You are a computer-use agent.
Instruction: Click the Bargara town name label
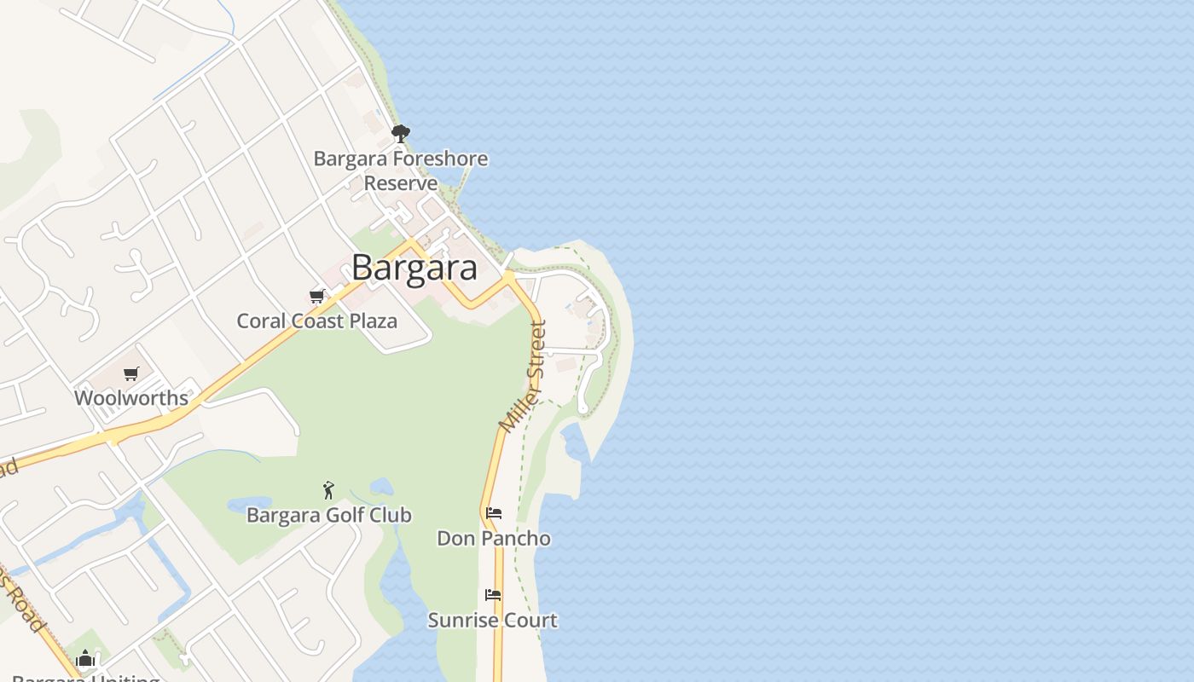pos(414,268)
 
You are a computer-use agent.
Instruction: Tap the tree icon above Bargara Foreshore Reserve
pos(400,133)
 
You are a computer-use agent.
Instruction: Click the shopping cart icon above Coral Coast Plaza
pos(317,296)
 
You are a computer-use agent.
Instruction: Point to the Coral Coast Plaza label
pos(316,321)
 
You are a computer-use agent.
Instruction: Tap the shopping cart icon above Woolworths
pos(131,373)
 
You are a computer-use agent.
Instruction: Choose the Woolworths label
pos(131,398)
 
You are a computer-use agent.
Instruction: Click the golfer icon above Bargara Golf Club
pos(328,490)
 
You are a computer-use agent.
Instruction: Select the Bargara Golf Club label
pos(328,515)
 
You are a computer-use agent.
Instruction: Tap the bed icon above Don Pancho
pos(493,513)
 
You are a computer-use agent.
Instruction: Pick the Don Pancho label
pos(493,539)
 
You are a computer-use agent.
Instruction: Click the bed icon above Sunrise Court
pos(493,594)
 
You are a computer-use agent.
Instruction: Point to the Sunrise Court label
pos(492,620)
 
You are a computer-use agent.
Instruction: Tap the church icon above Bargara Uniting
pos(84,658)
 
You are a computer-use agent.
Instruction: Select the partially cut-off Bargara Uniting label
pos(85,679)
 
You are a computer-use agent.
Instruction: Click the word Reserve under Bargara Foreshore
pos(401,183)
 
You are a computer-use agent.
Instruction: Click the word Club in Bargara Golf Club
pos(391,515)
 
